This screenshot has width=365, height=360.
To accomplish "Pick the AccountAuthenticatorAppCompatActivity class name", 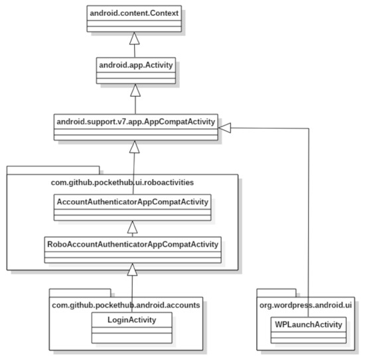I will click(133, 201).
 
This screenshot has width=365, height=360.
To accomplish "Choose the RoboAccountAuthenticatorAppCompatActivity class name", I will click(133, 243).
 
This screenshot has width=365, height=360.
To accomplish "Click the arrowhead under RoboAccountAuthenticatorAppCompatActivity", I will click(133, 268).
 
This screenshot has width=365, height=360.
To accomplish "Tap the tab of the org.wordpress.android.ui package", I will click(276, 292).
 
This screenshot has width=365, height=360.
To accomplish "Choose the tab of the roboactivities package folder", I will click(53, 169).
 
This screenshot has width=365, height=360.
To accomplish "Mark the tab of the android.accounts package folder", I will click(80, 292).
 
